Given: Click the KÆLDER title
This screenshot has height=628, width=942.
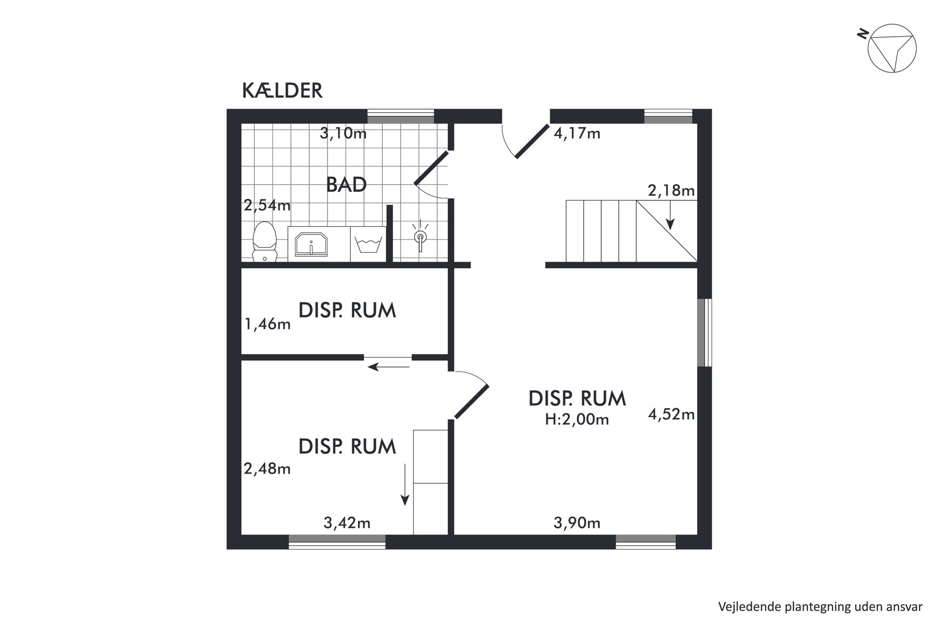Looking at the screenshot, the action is [x=282, y=91].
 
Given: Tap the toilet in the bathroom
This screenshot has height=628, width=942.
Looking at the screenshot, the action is [x=264, y=241].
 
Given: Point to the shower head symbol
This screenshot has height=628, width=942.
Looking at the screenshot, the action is [x=420, y=235].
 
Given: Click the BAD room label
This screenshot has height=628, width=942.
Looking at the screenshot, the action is [x=346, y=185].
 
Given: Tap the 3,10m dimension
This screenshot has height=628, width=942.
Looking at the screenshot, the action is [x=343, y=133].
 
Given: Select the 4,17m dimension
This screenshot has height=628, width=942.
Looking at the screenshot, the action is [x=577, y=133].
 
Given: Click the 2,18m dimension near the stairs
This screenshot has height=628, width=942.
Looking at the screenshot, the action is [x=671, y=191].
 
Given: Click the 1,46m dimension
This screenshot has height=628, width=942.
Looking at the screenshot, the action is [x=267, y=324].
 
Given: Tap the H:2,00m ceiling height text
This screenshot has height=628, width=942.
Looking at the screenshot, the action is [x=577, y=420].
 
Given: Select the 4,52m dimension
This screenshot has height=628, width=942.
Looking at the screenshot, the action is [x=671, y=414].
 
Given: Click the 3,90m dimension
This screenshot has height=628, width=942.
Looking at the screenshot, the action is [x=577, y=523].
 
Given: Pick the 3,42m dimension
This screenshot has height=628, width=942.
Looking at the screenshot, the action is [x=347, y=523].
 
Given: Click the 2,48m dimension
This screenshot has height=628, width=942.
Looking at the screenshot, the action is [x=267, y=469].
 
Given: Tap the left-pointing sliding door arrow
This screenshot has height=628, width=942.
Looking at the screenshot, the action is [x=389, y=366].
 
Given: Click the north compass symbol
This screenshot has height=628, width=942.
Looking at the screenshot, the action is [x=892, y=48].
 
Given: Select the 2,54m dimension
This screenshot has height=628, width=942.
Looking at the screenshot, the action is [x=267, y=206].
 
